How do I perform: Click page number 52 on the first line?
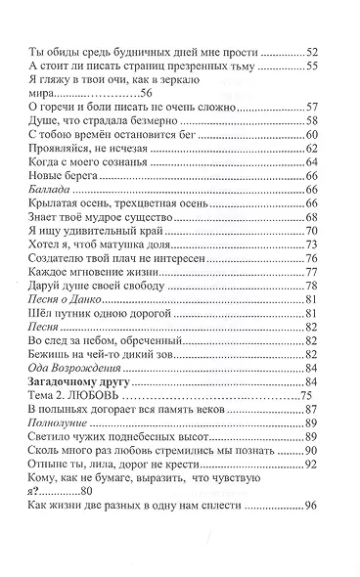pos(312,50)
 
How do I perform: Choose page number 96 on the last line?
pos(312,508)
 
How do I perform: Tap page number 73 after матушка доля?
pos(312,244)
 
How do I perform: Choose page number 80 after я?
pos(85,491)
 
